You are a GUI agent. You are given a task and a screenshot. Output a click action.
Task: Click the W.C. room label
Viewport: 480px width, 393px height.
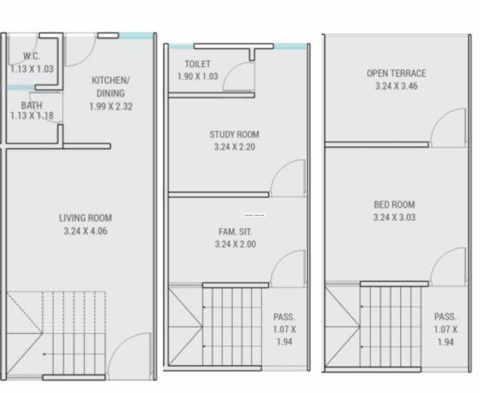(x=32, y=57)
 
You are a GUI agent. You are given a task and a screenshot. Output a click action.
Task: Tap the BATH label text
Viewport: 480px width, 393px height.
(x=32, y=105)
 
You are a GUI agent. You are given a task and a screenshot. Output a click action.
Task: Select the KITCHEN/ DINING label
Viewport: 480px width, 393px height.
(x=111, y=86)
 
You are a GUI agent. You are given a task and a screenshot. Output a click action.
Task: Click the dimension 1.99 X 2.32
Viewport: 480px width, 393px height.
(x=111, y=106)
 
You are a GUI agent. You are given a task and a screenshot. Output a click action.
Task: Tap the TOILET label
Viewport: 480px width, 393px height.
(x=198, y=63)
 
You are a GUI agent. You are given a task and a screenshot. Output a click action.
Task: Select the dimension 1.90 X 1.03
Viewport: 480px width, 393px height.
(x=198, y=76)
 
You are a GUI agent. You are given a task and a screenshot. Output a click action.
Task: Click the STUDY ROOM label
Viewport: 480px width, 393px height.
(x=234, y=134)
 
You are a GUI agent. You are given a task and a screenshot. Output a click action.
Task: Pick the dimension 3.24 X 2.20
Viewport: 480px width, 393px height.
(x=234, y=147)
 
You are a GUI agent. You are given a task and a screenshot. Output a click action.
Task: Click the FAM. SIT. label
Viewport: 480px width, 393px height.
(x=234, y=232)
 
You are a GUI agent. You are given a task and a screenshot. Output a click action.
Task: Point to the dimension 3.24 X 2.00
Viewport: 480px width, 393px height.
(x=234, y=245)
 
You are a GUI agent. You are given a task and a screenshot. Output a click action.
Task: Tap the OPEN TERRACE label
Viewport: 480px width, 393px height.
(x=396, y=73)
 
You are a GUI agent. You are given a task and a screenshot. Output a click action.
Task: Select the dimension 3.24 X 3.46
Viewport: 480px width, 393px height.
(x=396, y=86)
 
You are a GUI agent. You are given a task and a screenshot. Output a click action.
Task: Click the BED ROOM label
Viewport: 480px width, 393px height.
(x=394, y=204)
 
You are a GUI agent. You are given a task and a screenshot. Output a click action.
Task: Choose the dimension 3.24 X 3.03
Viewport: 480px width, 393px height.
(x=394, y=217)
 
